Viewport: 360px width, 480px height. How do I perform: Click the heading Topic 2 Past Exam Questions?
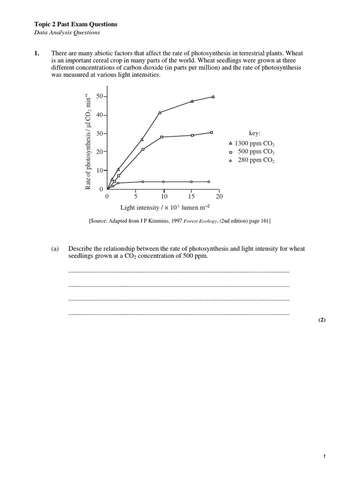click(x=76, y=24)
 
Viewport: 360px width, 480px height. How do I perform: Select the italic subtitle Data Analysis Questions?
click(x=67, y=33)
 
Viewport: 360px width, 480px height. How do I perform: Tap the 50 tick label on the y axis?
click(x=99, y=97)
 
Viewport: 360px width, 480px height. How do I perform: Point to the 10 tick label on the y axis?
click(x=99, y=171)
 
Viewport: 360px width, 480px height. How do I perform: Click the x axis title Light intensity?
click(x=165, y=207)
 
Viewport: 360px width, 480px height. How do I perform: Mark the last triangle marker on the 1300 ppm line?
click(x=213, y=97)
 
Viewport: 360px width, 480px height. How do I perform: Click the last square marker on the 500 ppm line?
click(x=211, y=133)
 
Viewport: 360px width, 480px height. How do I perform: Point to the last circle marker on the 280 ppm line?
click(x=209, y=181)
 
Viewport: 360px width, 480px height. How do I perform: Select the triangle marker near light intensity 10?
click(x=160, y=112)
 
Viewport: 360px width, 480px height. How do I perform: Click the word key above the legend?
click(x=255, y=134)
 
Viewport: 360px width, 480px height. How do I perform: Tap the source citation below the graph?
click(x=180, y=221)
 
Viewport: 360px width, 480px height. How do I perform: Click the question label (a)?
click(x=55, y=249)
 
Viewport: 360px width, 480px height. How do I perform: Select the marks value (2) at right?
click(x=322, y=320)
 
